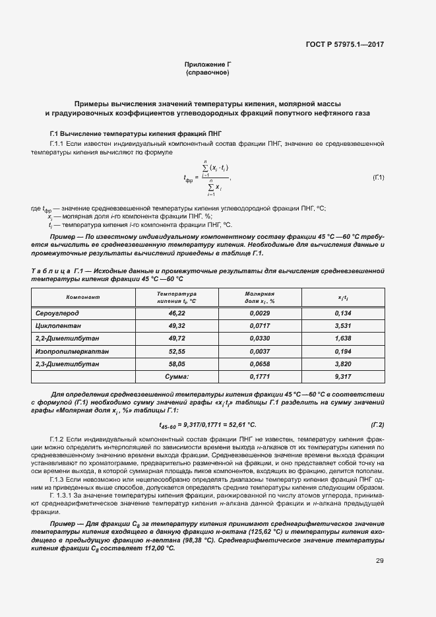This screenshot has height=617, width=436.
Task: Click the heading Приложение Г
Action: tap(208, 64)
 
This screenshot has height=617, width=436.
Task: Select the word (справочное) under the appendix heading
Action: tap(208, 72)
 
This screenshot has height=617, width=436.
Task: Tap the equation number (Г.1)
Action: tap(379, 178)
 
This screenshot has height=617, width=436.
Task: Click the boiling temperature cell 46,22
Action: tap(177, 313)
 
